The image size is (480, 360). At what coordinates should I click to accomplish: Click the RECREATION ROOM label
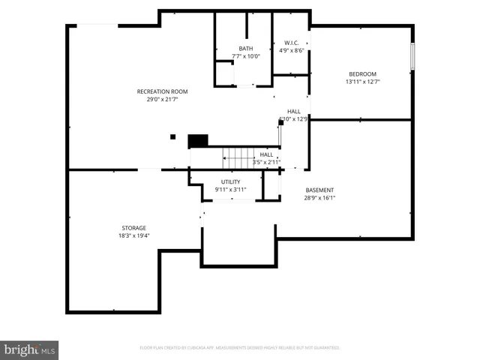(162, 91)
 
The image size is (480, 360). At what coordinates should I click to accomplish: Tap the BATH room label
(246, 49)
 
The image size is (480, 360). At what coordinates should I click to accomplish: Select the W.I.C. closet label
(292, 43)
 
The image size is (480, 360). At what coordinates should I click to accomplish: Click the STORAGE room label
(134, 228)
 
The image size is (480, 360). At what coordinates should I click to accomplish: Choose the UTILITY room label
(230, 182)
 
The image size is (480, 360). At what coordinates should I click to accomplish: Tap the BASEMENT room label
(319, 190)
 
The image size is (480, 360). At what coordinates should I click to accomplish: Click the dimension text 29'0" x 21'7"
(162, 100)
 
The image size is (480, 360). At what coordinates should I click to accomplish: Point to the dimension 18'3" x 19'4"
(134, 235)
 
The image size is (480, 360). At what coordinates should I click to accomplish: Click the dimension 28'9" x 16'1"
(319, 199)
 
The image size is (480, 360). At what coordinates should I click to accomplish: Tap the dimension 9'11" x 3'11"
(230, 190)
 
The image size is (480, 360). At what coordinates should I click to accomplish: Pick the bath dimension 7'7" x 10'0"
(246, 56)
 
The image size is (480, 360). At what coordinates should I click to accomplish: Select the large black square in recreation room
(197, 140)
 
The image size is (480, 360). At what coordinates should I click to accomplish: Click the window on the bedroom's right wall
(412, 55)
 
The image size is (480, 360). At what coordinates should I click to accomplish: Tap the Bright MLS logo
(29, 349)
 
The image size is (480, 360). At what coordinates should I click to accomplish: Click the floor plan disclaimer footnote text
(240, 348)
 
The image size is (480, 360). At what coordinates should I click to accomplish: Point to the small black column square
(172, 136)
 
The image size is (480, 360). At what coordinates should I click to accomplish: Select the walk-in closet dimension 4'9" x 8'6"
(292, 51)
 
